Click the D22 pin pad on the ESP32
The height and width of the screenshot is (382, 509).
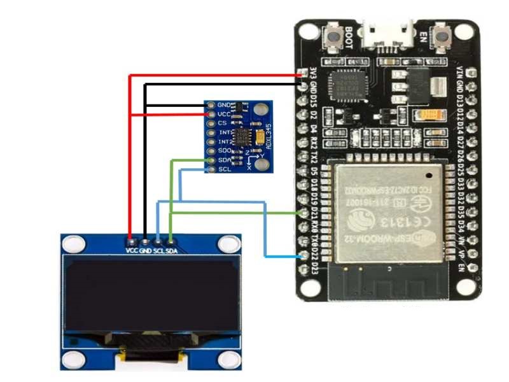click(x=303, y=256)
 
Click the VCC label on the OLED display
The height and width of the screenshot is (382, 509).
click(x=132, y=251)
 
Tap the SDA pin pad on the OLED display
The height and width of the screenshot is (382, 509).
click(x=171, y=242)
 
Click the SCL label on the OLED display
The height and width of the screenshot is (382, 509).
click(x=158, y=251)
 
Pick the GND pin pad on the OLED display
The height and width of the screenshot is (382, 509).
click(x=146, y=242)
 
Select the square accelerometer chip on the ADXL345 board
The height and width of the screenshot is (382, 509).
click(x=241, y=137)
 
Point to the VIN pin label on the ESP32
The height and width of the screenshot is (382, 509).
click(x=460, y=72)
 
